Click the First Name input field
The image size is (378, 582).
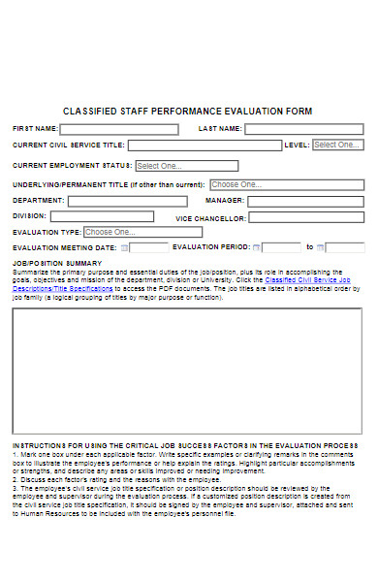[121, 129]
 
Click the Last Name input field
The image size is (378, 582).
[303, 129]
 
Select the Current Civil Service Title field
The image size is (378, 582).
[205, 145]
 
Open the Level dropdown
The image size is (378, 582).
[337, 145]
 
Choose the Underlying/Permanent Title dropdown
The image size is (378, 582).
[248, 184]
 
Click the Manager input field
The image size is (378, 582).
[304, 201]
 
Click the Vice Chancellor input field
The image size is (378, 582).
[304, 218]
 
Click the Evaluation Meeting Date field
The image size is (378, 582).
[142, 247]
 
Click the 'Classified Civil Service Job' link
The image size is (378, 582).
[313, 279]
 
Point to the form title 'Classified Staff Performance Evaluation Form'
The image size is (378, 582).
[187, 112]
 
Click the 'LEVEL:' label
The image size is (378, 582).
[296, 145]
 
